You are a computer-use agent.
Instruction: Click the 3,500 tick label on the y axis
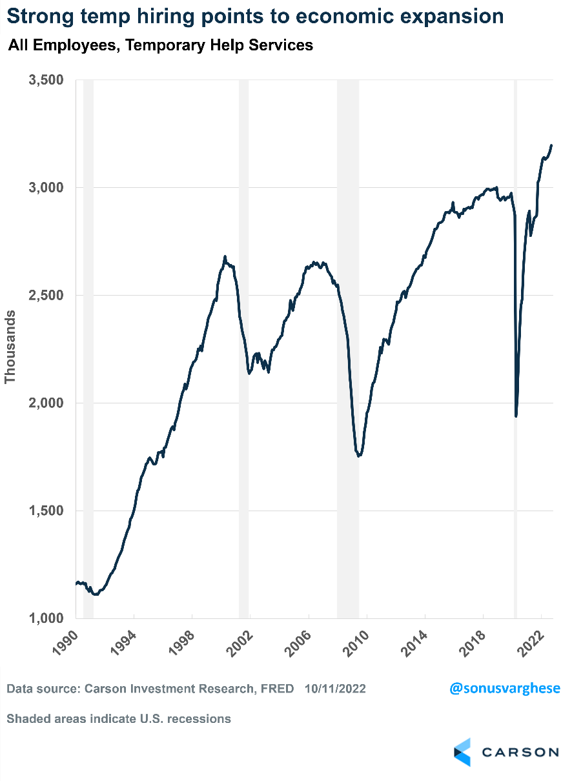coord(46,80)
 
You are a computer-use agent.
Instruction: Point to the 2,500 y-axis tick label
coord(46,296)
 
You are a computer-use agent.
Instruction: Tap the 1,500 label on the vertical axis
coord(46,511)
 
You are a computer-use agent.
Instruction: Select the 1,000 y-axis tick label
coord(46,618)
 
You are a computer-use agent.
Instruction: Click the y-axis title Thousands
coord(10,347)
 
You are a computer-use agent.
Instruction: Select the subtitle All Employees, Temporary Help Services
coord(160,45)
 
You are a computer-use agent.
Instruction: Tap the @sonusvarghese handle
coord(505,688)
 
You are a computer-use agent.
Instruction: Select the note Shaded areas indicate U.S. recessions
coord(119,718)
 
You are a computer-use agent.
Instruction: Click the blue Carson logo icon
coord(462,752)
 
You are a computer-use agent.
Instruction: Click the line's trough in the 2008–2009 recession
coord(359,456)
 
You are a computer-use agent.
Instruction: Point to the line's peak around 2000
coord(225,256)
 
